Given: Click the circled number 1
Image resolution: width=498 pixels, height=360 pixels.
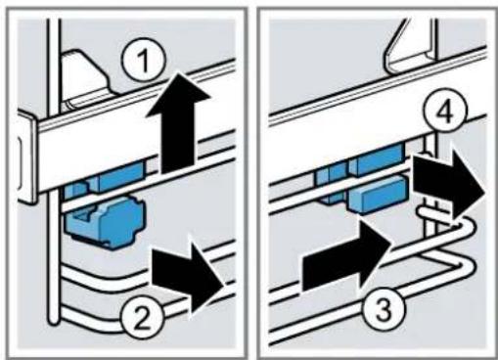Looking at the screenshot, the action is click(x=144, y=62).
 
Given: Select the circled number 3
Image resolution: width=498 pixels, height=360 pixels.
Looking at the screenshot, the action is click(x=384, y=308).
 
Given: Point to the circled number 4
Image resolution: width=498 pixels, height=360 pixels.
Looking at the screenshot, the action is click(x=446, y=111).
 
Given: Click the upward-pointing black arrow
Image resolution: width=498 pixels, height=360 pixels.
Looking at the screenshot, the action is click(x=178, y=123).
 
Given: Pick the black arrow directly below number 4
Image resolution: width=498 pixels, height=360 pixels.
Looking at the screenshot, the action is click(x=449, y=186).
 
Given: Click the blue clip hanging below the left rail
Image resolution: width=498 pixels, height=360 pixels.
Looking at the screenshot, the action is click(x=106, y=222).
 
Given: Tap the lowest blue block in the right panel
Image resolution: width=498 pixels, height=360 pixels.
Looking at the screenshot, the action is click(x=378, y=195).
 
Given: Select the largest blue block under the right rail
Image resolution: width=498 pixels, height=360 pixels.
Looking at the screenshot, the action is click(x=380, y=158).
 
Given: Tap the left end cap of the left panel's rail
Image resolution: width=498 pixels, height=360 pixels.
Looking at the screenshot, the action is click(x=27, y=157).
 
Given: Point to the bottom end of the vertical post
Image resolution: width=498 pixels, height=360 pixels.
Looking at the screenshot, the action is click(x=53, y=321).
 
